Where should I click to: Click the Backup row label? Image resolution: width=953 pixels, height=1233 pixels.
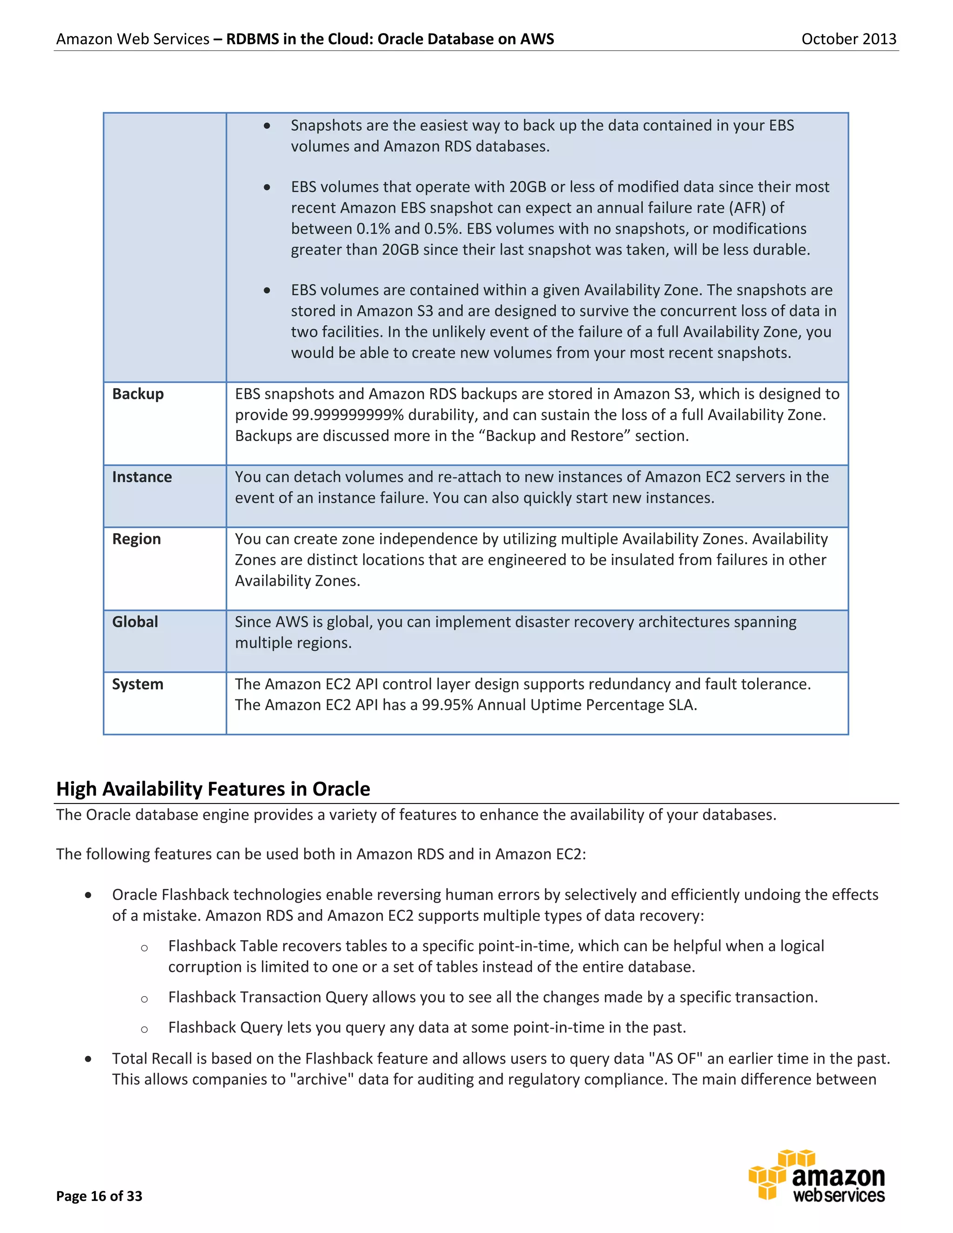(x=138, y=394)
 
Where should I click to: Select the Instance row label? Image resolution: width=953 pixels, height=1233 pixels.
(x=142, y=476)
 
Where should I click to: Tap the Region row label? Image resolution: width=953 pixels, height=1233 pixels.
(x=136, y=539)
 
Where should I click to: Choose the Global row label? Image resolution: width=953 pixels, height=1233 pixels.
(x=135, y=622)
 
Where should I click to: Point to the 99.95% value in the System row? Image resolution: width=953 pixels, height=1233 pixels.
(x=447, y=705)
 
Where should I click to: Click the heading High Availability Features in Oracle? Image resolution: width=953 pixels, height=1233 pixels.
(x=213, y=789)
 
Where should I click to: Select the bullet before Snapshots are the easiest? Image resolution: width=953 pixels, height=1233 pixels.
(x=267, y=126)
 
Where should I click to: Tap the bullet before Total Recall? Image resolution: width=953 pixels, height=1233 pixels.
(x=88, y=1059)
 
